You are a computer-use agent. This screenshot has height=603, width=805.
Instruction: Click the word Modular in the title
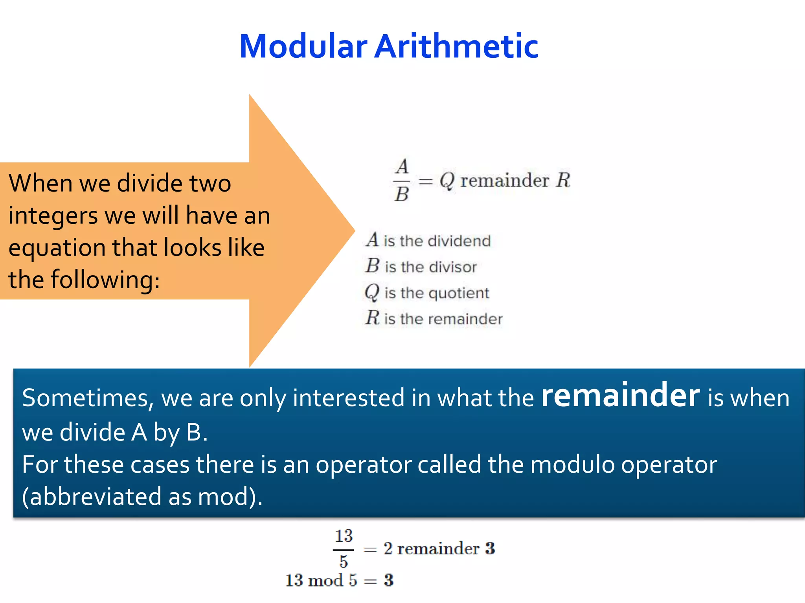(x=303, y=46)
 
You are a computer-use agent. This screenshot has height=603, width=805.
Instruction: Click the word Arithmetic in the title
(x=456, y=46)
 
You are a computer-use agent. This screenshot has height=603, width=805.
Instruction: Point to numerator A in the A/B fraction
(x=402, y=167)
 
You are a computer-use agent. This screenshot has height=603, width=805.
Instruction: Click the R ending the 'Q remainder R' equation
(x=563, y=180)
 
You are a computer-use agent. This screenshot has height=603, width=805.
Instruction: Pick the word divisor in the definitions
(x=452, y=267)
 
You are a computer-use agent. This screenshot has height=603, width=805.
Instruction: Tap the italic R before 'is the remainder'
(x=372, y=318)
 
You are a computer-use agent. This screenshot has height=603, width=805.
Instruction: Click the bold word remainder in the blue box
(x=620, y=395)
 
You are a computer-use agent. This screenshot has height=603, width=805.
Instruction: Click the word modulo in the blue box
(x=572, y=465)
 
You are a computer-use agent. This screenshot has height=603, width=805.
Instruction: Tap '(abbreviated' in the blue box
(x=92, y=497)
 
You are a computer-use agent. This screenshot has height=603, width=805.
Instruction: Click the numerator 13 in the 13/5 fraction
(x=344, y=536)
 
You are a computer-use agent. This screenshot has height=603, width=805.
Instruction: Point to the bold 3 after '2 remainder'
(x=490, y=548)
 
